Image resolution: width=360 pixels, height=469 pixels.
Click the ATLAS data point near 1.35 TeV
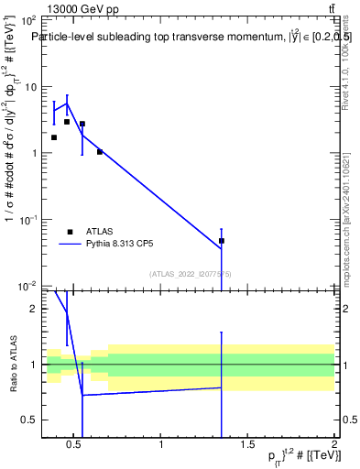[222, 241]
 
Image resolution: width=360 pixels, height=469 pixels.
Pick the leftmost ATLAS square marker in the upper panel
[54, 137]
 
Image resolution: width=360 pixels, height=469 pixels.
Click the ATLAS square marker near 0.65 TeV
[100, 152]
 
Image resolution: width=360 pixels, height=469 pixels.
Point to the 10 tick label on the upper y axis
[29, 87]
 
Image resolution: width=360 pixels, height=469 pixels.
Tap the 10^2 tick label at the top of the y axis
[27, 20]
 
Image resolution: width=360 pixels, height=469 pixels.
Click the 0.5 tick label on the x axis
[75, 444]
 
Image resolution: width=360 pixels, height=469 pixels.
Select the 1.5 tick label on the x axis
[247, 444]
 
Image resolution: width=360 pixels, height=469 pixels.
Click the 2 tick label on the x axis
[334, 444]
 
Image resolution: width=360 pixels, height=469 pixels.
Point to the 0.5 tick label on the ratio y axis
[28, 420]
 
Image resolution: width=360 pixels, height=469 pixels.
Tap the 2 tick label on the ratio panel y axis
[33, 310]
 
